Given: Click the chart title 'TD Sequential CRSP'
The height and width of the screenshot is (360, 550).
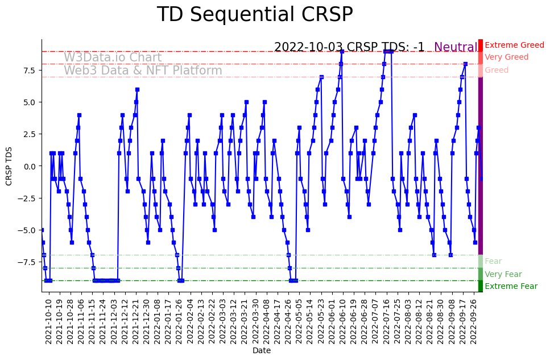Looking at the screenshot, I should pos(254,15).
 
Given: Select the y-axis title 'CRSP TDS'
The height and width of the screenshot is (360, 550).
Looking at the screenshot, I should pos(9,165).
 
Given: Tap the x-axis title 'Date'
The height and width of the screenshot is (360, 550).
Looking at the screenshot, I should pos(262,351).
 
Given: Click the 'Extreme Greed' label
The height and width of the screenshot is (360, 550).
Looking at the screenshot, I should pos(514,45).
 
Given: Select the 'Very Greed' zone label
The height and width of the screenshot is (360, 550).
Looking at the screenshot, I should pos(506,57).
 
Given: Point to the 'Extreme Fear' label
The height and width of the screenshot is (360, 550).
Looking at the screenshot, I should pos(511,287).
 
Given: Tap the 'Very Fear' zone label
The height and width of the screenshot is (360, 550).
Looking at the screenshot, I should pos(503,275).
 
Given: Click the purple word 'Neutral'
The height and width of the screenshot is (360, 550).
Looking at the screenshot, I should pos(456,48).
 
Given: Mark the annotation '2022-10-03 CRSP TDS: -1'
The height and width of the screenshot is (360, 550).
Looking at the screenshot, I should pos(349,48).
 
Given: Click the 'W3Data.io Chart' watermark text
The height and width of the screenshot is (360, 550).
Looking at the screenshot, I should pos(113,58).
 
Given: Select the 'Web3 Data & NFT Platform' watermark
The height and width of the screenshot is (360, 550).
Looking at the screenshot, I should pos(143,71).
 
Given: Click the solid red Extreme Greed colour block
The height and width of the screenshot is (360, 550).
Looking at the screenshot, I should pos(481,45).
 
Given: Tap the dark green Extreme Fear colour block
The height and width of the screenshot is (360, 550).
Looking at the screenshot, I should pos(481,287).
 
